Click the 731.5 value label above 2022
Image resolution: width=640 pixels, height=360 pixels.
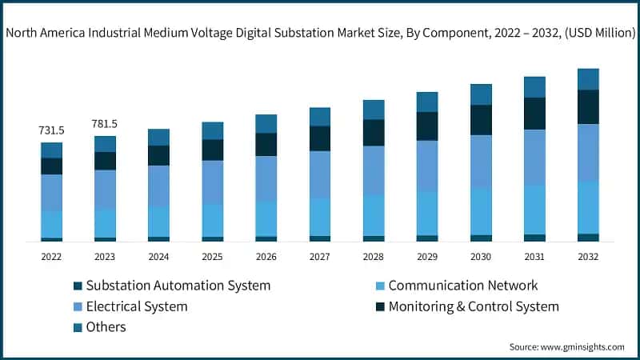pos(52,130)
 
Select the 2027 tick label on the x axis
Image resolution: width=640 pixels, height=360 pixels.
pos(320,257)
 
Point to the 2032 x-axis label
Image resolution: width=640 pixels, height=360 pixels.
pos(588,257)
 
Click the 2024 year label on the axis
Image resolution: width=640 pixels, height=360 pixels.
pos(158,257)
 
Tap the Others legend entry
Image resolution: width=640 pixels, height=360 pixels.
pos(106,327)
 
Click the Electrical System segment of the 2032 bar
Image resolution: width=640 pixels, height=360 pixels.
pos(588,152)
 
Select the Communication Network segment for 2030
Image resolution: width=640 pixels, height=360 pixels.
pos(481,210)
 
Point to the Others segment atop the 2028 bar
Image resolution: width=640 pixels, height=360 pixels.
pos(374,110)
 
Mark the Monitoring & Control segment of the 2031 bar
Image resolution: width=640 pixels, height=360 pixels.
pos(534,114)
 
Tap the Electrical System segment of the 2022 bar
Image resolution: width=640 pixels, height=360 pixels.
pos(52,193)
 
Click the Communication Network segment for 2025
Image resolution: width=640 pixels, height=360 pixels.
pos(213,220)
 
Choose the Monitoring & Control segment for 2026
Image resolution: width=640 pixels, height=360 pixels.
pos(266,144)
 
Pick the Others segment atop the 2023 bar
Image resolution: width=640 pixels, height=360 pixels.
pos(105,144)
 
